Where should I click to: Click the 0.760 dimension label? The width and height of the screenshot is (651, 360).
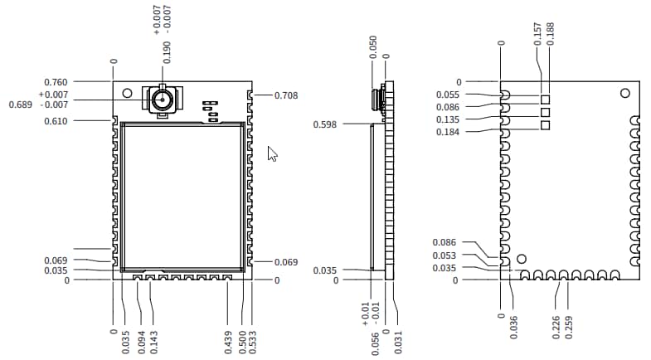tap(56, 82)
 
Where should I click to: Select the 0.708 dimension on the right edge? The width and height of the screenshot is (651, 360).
tap(286, 95)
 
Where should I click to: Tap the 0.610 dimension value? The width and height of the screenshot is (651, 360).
tap(56, 121)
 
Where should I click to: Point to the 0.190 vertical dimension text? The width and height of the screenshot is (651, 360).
tap(168, 51)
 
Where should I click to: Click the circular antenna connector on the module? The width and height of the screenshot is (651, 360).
tap(161, 101)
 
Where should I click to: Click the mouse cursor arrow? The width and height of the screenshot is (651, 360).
tap(272, 153)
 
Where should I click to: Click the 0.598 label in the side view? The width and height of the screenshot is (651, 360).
tap(325, 124)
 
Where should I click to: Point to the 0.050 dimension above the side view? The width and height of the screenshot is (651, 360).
tap(373, 46)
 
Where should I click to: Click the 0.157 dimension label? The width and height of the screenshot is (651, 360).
tap(538, 33)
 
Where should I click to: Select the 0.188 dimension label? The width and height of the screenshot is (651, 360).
tap(551, 33)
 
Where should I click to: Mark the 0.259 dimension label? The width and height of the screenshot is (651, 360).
tap(568, 327)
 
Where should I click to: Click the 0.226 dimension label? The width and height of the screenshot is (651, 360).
tap(556, 327)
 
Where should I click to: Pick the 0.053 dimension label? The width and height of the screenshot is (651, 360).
tap(445, 255)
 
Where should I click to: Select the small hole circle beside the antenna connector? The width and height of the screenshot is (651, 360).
tap(127, 93)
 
